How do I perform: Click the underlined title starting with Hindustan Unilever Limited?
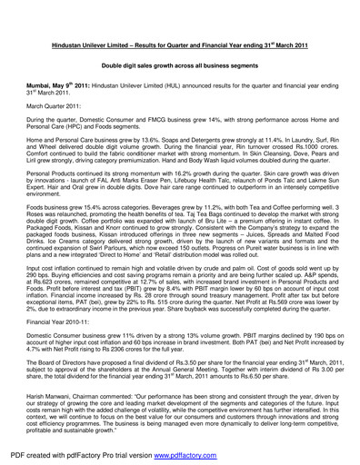[x=179, y=45]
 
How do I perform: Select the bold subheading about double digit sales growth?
[x=179, y=66]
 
